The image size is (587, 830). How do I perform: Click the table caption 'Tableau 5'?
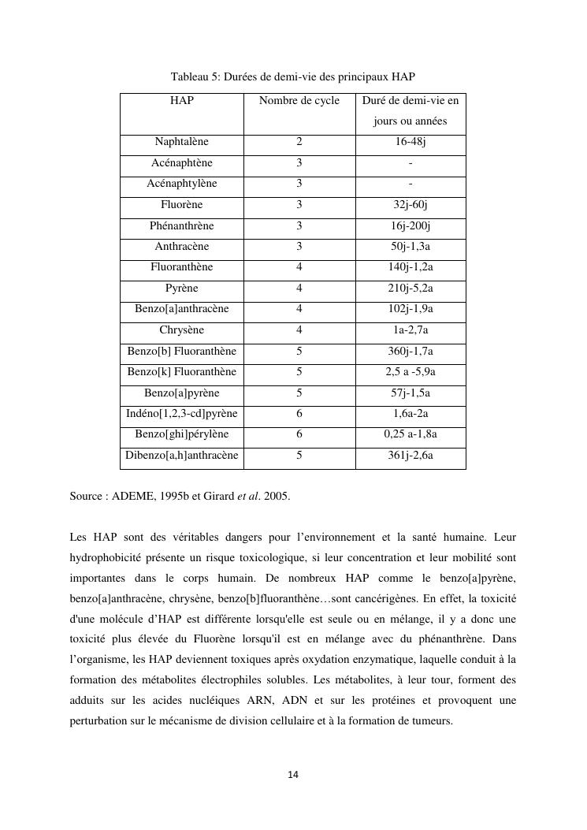195,76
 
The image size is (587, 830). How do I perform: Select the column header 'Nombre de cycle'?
299,101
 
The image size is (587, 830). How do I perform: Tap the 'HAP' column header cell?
182,101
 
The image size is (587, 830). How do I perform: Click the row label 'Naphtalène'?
182,142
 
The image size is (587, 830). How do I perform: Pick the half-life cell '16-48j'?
411,142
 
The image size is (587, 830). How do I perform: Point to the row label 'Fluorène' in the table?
182,205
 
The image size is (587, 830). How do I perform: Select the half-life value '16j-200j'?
411,226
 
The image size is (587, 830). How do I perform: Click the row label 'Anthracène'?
182,247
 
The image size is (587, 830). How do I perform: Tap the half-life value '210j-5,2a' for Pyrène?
411,288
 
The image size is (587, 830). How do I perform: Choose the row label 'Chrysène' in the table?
182,330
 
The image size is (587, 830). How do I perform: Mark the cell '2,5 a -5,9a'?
411,372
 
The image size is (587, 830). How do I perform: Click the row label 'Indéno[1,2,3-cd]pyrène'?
182,414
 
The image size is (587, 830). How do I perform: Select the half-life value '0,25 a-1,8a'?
411,434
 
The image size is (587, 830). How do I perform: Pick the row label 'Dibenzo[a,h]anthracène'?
182,456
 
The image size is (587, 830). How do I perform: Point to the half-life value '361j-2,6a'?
411,456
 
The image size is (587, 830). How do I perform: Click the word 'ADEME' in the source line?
134,497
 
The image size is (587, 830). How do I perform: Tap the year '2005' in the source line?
276,497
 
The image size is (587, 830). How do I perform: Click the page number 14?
293,776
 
